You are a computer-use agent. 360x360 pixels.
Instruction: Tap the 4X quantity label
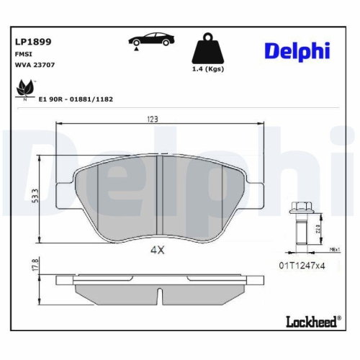pos(158,251)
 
